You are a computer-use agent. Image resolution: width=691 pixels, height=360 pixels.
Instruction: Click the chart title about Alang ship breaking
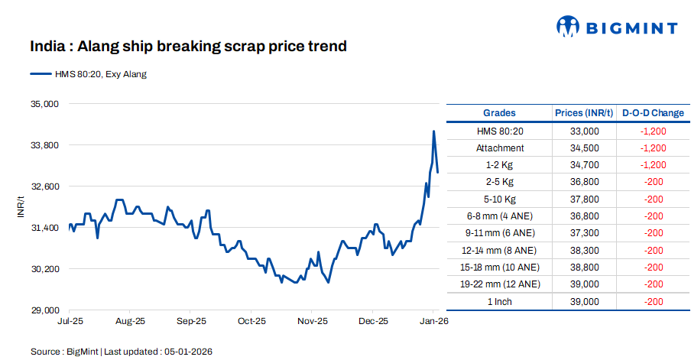[x=188, y=47]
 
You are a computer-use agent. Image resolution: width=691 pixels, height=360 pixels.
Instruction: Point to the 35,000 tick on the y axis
[x=44, y=104]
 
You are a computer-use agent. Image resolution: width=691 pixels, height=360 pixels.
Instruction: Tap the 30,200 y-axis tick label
[x=44, y=269]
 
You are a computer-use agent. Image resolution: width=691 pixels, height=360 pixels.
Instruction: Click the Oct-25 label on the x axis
[x=251, y=322]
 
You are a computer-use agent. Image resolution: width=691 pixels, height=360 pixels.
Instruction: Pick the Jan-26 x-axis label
[x=434, y=322]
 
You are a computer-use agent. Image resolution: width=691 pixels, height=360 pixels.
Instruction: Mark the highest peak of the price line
[x=433, y=131]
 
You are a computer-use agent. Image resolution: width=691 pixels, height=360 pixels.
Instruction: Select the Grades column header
[x=499, y=113]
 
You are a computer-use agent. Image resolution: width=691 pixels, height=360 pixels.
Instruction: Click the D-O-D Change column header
[x=653, y=113]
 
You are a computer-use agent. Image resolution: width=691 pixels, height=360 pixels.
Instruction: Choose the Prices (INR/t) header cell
[x=584, y=113]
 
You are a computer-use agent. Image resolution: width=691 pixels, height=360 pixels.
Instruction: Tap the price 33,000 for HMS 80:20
[x=584, y=131]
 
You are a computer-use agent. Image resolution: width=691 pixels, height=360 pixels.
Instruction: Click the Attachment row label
[x=500, y=148]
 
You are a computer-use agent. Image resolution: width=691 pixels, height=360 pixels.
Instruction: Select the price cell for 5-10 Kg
[x=584, y=199]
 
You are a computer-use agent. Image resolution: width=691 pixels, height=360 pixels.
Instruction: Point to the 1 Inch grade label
[x=500, y=301]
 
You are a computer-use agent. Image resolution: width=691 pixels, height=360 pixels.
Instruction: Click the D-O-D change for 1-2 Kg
[x=653, y=165]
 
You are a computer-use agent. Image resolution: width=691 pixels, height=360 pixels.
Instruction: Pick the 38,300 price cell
[x=584, y=250]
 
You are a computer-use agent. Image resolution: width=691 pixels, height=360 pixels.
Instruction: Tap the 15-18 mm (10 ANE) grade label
[x=500, y=268]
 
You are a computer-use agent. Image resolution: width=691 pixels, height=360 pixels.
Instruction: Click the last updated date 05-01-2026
[x=187, y=352]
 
